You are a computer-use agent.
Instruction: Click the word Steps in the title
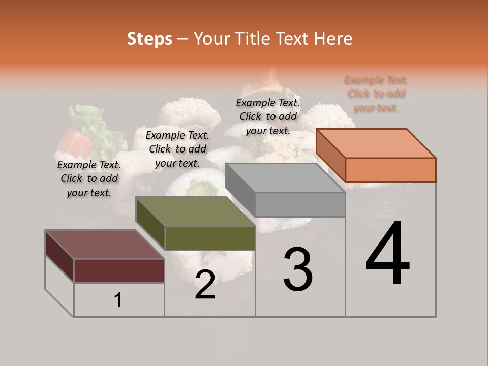click(x=149, y=39)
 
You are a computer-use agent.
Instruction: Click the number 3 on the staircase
click(x=297, y=269)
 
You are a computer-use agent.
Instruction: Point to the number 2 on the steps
click(x=205, y=285)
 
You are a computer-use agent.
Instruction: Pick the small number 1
click(x=118, y=300)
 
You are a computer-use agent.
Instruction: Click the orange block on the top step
click(x=376, y=155)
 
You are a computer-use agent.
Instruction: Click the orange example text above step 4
click(x=376, y=94)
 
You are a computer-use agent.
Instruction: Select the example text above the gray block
click(x=268, y=116)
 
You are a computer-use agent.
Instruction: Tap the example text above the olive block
click(x=177, y=149)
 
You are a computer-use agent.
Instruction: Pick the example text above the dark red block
click(x=89, y=178)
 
